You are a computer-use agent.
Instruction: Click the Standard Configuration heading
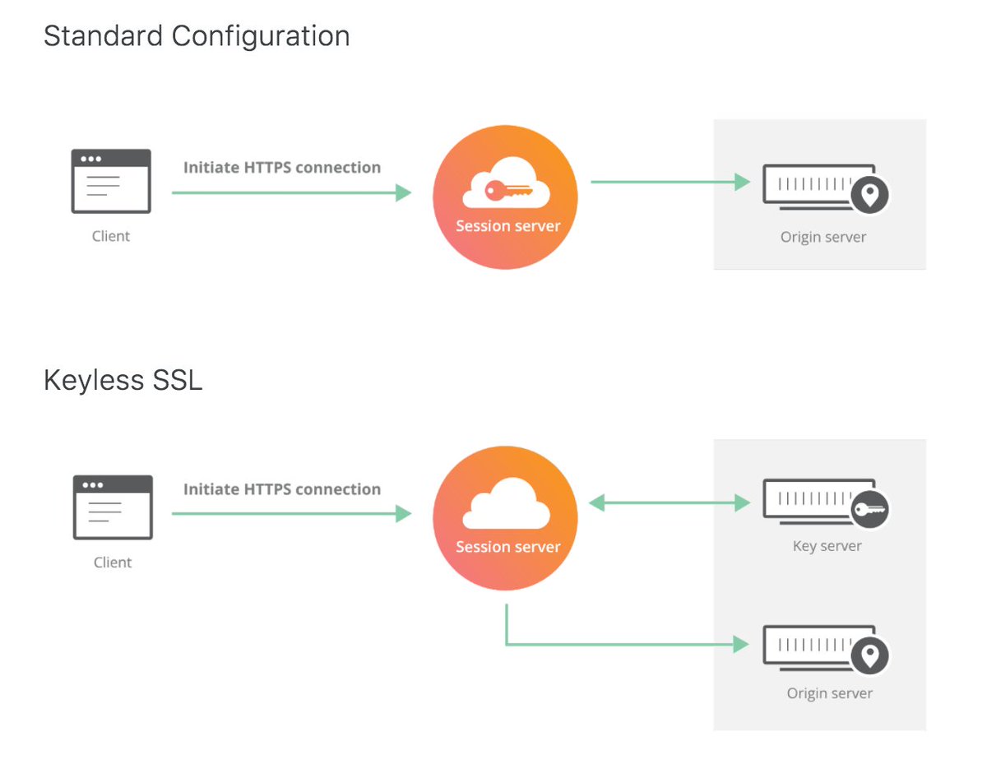click(x=197, y=36)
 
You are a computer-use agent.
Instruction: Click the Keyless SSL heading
click(x=123, y=381)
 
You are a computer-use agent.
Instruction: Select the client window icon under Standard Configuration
click(x=111, y=181)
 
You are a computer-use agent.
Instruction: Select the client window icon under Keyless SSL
click(x=113, y=507)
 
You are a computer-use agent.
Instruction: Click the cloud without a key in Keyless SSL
click(x=505, y=503)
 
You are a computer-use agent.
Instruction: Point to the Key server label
click(x=827, y=546)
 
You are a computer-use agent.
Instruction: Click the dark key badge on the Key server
click(x=869, y=509)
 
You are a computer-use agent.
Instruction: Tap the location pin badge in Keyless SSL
click(x=869, y=655)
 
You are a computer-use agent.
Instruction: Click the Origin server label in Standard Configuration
click(x=822, y=238)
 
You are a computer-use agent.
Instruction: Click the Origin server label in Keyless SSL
click(x=829, y=693)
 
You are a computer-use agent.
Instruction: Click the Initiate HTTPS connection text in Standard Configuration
click(x=281, y=168)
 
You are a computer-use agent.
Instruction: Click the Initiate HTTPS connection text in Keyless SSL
click(x=281, y=489)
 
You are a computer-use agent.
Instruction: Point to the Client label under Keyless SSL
click(x=113, y=563)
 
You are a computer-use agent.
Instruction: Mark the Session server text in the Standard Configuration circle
click(x=507, y=226)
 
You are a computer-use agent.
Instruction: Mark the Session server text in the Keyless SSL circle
click(x=507, y=547)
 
